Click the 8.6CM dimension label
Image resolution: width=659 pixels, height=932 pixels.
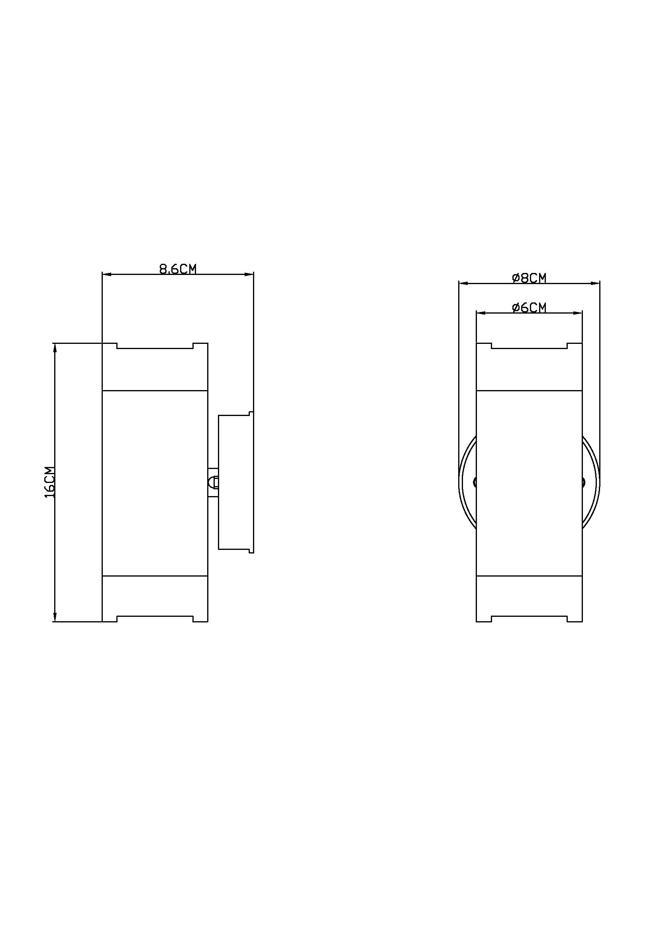tap(178, 269)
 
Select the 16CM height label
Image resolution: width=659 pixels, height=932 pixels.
tap(49, 482)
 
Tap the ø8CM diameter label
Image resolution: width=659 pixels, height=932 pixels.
tap(529, 278)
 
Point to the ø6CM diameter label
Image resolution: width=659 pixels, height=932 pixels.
tap(529, 308)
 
